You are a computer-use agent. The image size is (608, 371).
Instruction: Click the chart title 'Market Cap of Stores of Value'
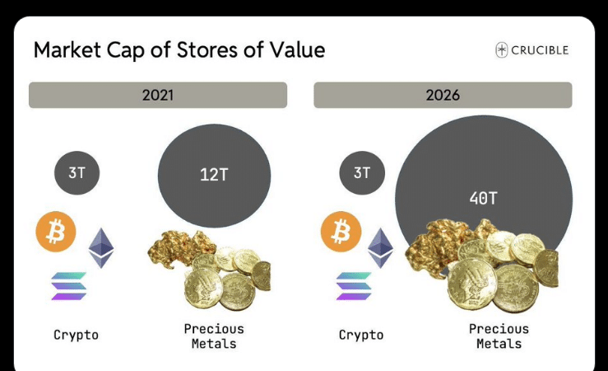tap(179, 50)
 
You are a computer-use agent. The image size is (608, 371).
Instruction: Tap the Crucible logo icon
tap(502, 50)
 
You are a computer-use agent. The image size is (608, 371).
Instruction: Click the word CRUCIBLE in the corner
tap(541, 50)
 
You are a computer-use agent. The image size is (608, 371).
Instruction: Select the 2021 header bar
tap(158, 95)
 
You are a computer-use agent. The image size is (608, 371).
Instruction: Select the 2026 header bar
tap(443, 95)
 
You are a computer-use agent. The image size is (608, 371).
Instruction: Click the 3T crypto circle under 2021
tap(77, 173)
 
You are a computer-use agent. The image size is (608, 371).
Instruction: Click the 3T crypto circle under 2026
tap(361, 173)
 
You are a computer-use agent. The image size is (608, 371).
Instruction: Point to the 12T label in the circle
tap(214, 175)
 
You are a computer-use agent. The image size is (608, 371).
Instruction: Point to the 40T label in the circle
tap(484, 198)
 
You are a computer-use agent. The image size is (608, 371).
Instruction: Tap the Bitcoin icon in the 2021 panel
tap(56, 232)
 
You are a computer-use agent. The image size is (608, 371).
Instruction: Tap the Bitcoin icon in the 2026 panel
tap(341, 232)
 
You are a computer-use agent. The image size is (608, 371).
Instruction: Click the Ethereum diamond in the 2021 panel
tap(100, 247)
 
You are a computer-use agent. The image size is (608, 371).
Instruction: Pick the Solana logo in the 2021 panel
tap(68, 286)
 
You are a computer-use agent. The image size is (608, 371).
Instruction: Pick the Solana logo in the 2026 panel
tap(354, 286)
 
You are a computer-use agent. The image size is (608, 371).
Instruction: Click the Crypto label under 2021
tap(76, 335)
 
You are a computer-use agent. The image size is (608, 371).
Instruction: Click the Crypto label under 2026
tap(361, 335)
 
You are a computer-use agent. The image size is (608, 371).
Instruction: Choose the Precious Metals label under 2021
tap(214, 336)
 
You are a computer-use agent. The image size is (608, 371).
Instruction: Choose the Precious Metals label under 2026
tap(499, 336)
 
